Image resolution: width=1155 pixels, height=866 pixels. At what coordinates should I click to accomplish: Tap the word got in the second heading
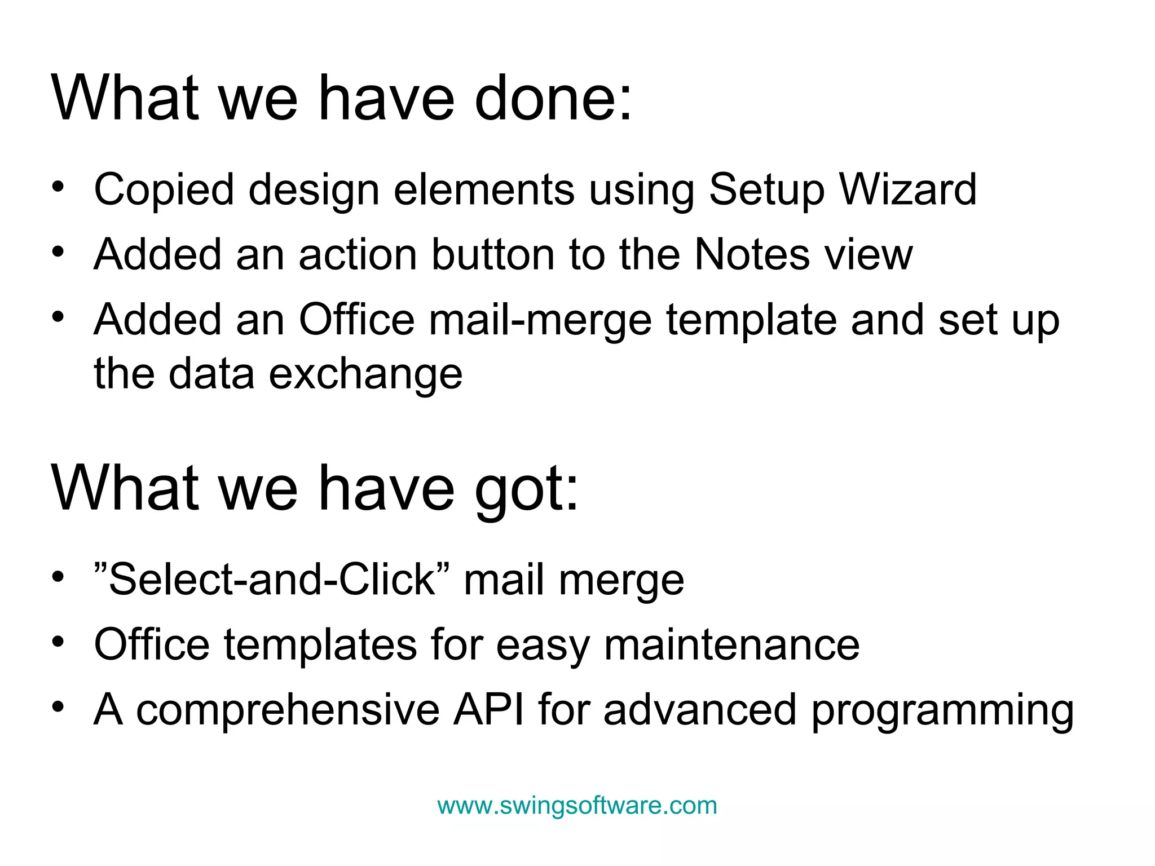tap(526, 489)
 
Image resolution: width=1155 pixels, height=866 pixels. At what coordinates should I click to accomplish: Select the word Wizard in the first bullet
tap(907, 189)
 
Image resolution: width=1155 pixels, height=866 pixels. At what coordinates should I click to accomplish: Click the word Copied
tap(164, 191)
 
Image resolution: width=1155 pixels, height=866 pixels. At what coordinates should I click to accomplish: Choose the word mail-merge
tap(540, 320)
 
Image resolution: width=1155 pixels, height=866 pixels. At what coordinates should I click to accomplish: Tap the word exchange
tap(365, 374)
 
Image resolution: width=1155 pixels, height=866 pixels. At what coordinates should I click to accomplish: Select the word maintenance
tap(731, 645)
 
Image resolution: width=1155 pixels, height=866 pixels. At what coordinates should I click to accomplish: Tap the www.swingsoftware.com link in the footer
tap(577, 806)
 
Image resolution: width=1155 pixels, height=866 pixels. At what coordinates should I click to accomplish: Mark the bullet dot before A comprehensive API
tap(58, 707)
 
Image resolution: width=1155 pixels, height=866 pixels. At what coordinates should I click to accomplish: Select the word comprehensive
tap(288, 710)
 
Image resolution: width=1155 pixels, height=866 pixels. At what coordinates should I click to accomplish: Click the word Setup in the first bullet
tap(766, 191)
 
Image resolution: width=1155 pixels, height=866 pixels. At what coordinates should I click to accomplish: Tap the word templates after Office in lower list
tap(320, 646)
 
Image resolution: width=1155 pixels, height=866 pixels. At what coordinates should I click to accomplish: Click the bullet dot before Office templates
tap(58, 642)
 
